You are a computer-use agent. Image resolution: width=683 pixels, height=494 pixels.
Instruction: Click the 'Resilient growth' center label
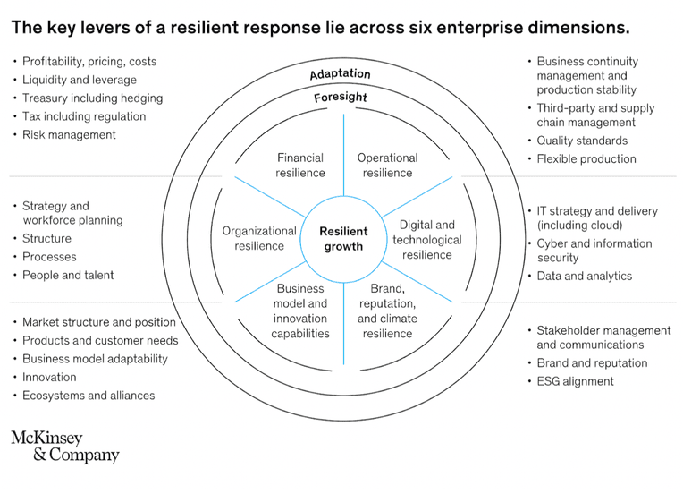coord(343,239)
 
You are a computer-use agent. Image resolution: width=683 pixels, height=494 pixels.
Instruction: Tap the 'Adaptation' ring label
coord(341,74)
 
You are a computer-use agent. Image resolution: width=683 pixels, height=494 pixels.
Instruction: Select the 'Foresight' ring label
coord(341,97)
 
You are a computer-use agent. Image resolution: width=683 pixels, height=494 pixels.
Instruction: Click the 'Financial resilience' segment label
coord(300,166)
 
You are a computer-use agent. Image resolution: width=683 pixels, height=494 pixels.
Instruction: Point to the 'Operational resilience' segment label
coord(387,166)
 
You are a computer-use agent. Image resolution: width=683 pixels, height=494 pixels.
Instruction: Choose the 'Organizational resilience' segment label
coord(259,238)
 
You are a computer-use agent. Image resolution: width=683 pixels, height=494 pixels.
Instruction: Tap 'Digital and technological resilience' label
coord(427,239)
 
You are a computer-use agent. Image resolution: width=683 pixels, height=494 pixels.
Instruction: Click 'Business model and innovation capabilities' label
coord(300,311)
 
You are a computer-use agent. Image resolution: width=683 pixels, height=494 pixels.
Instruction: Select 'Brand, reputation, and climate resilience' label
coord(387,311)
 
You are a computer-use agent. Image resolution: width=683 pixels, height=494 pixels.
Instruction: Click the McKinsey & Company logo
coord(65,446)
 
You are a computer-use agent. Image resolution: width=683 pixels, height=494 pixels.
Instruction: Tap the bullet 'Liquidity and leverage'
coord(80,80)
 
